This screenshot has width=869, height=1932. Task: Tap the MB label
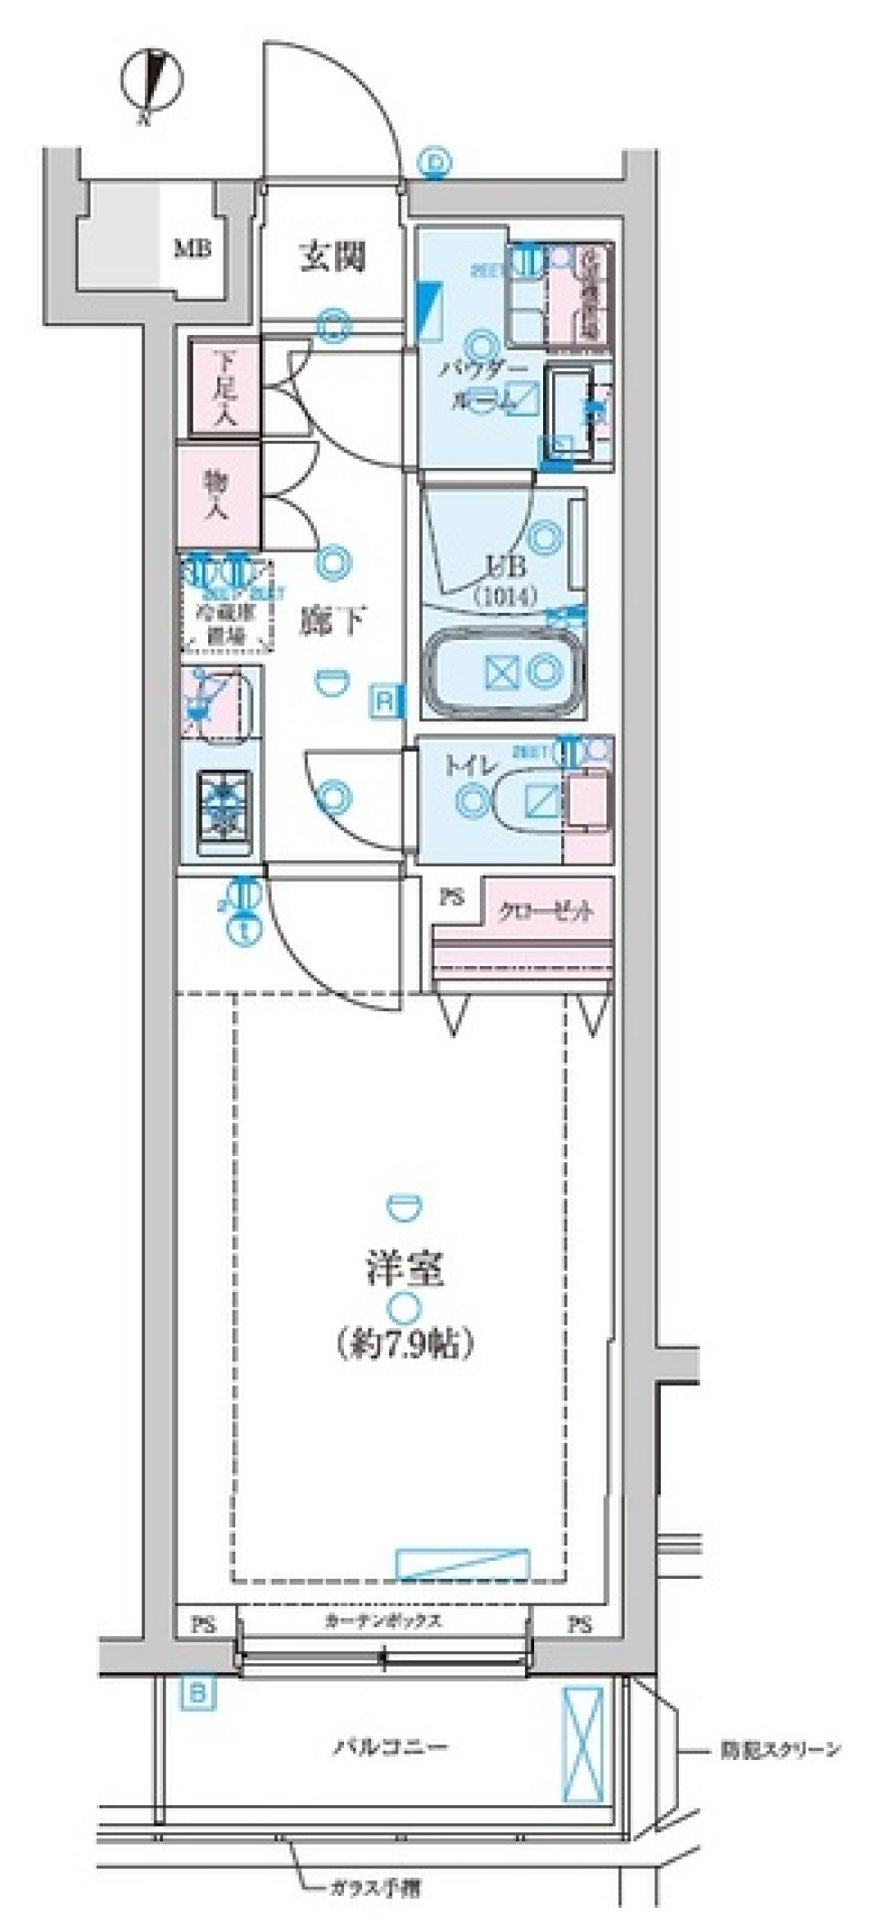193,247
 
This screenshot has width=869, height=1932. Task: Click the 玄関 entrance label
332,257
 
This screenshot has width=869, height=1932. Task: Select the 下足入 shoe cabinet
224,387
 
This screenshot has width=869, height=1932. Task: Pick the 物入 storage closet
218,495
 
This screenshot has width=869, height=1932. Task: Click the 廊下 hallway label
332,621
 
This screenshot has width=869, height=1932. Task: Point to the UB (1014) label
504,579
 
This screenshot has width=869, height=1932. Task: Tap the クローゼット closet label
544,911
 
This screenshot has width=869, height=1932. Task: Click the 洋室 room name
404,1269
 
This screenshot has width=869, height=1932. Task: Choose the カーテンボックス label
383,1620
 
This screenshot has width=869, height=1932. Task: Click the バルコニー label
389,1745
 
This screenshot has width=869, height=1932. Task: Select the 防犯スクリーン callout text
780,1749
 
